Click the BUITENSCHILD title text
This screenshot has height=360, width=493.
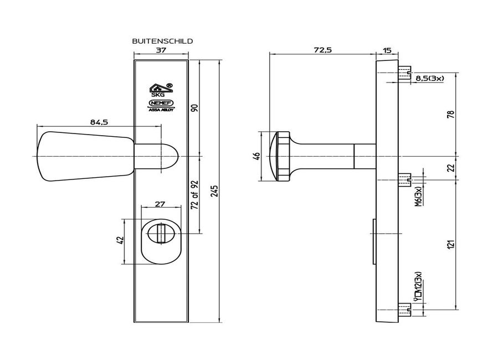pos(162,41)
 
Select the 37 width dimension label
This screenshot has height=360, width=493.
pos(161,50)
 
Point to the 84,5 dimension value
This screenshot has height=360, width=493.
pos(99,122)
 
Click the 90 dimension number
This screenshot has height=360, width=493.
pos(194,109)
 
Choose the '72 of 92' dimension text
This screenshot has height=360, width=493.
pos(194,195)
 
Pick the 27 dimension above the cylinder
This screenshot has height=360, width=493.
pos(160,204)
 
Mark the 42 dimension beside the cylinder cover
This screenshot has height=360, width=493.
pos(120,240)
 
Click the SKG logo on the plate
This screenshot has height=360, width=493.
pos(161,90)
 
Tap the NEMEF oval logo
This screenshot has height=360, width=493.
pos(161,103)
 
